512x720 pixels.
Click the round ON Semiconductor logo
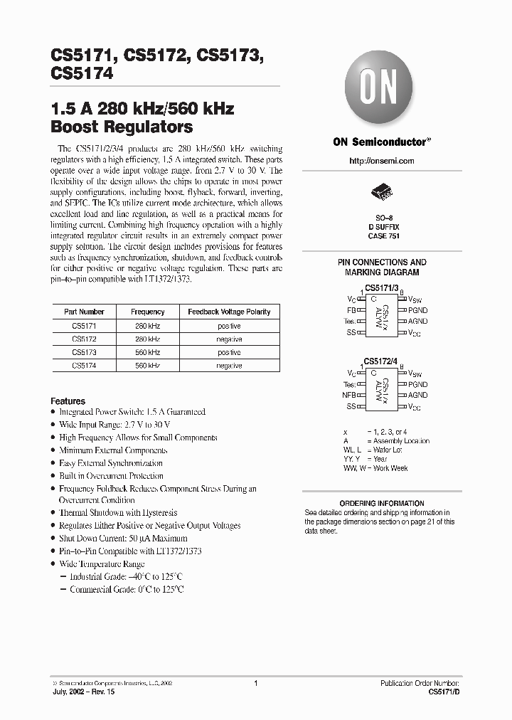click(378, 89)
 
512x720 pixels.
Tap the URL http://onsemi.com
click(382, 162)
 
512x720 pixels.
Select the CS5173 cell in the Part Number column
click(84, 352)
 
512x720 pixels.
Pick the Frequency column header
click(148, 312)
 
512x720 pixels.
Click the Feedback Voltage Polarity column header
click(229, 312)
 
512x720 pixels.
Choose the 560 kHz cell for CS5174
click(148, 366)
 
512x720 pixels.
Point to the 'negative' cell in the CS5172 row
click(229, 339)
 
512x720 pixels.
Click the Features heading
click(68, 401)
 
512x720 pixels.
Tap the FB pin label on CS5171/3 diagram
click(351, 310)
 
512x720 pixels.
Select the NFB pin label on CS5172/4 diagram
click(349, 395)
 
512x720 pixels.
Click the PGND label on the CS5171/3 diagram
click(418, 310)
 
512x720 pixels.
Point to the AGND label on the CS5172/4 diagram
click(418, 395)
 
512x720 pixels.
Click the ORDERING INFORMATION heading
click(382, 503)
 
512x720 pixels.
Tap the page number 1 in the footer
click(255, 682)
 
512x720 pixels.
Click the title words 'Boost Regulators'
click(122, 127)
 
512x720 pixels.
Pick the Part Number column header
click(84, 312)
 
